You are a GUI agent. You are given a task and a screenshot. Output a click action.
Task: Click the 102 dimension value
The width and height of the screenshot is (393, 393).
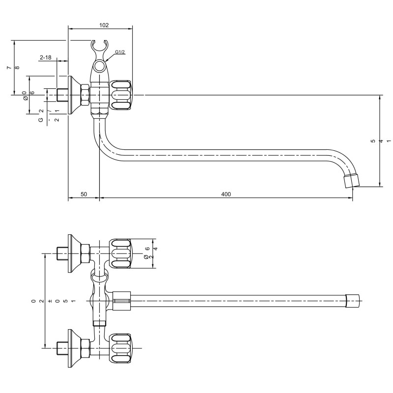(104, 25)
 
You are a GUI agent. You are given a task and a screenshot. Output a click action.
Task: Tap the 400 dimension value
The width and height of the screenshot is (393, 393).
(226, 194)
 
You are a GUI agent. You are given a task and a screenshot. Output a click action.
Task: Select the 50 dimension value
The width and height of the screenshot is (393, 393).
(84, 194)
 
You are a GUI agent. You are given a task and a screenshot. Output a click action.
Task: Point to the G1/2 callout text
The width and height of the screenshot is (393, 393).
(120, 52)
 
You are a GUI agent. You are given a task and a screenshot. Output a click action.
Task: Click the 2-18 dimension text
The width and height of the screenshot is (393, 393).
(45, 57)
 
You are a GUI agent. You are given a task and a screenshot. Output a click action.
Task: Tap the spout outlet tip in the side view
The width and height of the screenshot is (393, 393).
(351, 180)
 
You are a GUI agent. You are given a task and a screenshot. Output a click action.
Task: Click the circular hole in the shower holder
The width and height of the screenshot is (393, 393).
(100, 66)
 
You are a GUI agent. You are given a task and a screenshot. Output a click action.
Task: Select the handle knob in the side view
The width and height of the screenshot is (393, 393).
(121, 95)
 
